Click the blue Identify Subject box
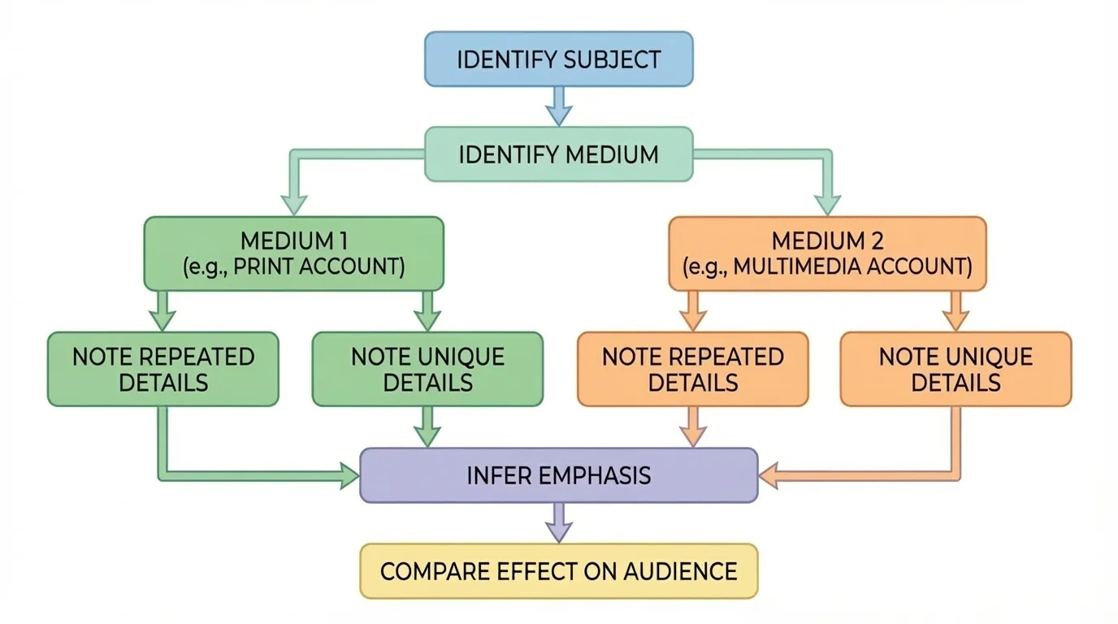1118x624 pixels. [x=558, y=59]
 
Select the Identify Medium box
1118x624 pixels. [x=558, y=154]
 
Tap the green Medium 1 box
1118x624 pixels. [x=294, y=253]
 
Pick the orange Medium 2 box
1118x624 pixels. [x=827, y=253]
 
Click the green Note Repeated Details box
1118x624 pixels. [x=163, y=369]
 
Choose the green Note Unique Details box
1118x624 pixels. [x=427, y=369]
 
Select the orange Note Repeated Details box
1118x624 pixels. [x=693, y=369]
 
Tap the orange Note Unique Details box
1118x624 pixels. [x=955, y=369]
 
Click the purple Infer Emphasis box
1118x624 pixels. [x=558, y=475]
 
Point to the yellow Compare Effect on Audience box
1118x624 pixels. [x=558, y=571]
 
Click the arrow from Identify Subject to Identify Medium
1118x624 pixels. [x=558, y=106]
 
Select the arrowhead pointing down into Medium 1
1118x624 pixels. [x=294, y=204]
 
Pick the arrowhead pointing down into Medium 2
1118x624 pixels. [x=827, y=204]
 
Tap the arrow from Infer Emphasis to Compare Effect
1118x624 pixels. [x=558, y=522]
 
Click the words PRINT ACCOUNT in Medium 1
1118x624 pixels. [x=318, y=266]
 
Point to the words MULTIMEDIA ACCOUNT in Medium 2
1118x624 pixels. [x=851, y=266]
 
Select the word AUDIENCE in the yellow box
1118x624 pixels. [x=680, y=571]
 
